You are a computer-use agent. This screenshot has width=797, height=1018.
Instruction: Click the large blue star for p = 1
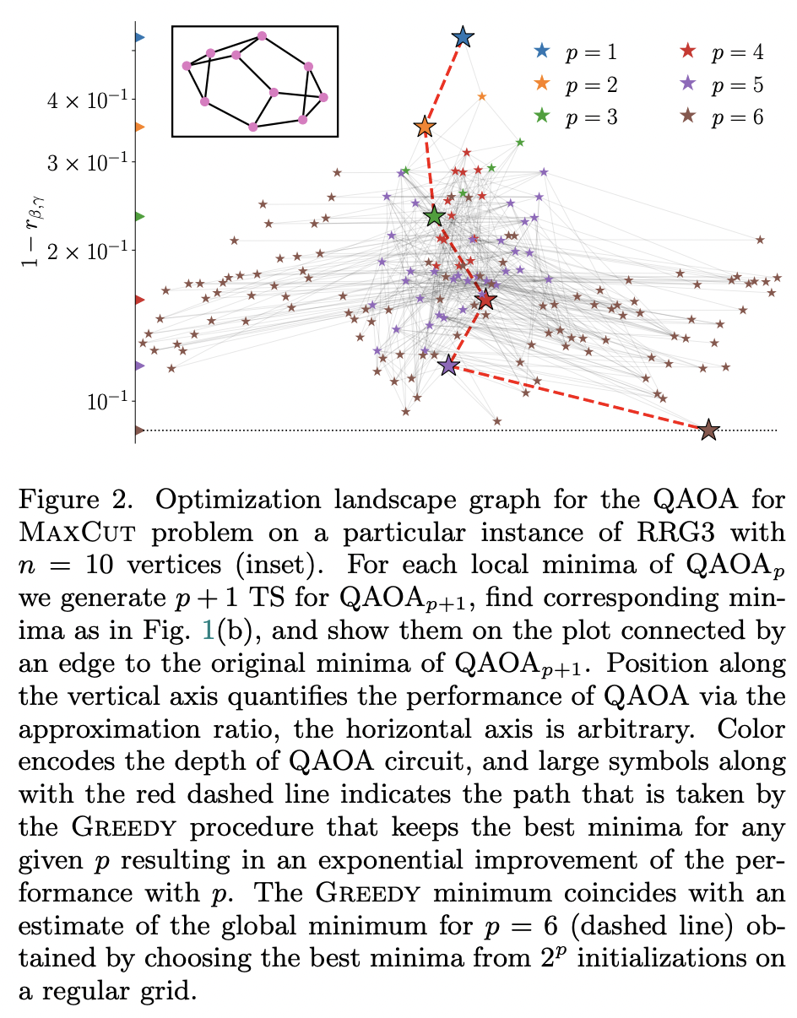463,37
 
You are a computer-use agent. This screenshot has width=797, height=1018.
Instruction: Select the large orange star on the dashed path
425,127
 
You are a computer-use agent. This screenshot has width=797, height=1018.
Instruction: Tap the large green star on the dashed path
435,217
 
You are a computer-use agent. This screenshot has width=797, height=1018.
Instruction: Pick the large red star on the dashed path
485,300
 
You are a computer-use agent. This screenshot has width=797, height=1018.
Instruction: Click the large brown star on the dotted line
709,430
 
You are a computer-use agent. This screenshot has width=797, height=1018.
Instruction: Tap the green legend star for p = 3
542,117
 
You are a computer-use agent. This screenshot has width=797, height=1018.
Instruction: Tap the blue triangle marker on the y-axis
140,37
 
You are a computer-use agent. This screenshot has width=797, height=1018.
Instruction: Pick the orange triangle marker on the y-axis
140,127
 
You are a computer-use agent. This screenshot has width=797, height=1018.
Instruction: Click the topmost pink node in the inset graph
262,36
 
